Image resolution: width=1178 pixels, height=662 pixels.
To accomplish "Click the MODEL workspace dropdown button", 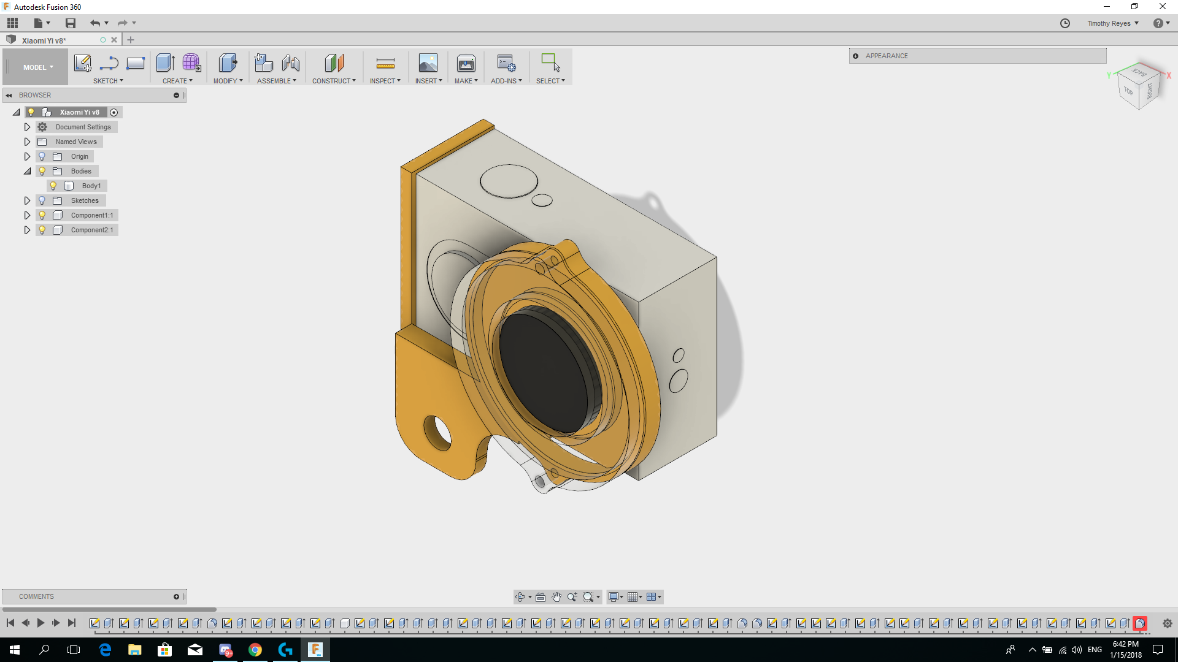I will (38, 67).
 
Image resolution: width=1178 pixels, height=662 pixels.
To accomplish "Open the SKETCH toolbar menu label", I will (108, 81).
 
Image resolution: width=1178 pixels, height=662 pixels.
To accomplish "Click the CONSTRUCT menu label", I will (333, 81).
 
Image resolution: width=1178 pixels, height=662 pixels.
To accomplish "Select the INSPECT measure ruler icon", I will (385, 63).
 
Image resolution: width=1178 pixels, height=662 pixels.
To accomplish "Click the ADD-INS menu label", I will (506, 81).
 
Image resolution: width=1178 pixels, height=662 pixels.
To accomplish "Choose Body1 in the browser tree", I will (91, 186).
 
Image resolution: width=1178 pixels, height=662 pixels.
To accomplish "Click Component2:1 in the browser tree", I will (91, 230).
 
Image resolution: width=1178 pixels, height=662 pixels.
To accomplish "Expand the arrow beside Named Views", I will (27, 142).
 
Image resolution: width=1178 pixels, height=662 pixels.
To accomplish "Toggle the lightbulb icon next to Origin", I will (42, 156).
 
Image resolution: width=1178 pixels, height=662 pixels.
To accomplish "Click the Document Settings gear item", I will (83, 127).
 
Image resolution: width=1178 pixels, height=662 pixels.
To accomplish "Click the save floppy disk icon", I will (71, 23).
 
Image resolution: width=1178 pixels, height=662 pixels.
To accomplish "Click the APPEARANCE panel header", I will (887, 56).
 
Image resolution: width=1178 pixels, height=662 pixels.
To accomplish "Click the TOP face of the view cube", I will (1128, 91).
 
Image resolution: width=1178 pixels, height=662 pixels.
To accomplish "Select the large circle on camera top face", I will (509, 181).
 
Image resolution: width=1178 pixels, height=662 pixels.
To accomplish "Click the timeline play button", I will (40, 623).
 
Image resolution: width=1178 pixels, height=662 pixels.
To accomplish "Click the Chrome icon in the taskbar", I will (255, 650).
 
